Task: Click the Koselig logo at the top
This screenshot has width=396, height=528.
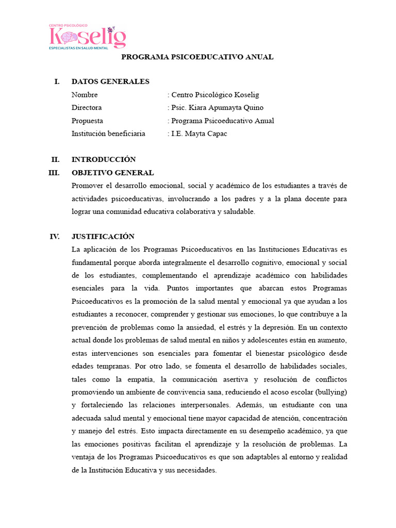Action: (87, 37)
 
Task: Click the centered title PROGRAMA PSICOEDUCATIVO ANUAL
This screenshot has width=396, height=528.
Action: (197, 57)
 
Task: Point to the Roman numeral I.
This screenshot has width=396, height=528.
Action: (57, 81)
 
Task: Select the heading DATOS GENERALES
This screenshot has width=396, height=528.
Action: (110, 81)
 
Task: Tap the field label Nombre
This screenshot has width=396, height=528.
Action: (85, 95)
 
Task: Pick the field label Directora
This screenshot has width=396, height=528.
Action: (87, 108)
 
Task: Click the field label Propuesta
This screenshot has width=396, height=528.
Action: (87, 121)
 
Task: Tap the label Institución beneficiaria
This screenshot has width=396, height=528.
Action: (108, 134)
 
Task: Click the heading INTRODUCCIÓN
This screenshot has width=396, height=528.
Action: (104, 159)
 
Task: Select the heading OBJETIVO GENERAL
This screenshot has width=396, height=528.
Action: (112, 173)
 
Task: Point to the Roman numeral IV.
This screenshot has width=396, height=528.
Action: (55, 237)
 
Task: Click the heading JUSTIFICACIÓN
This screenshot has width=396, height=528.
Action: (103, 237)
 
